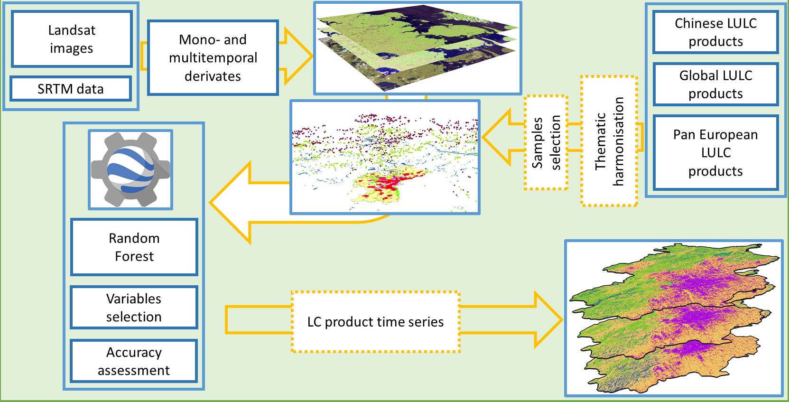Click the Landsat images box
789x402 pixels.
pyautogui.click(x=72, y=39)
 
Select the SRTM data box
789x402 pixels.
pyautogui.click(x=71, y=89)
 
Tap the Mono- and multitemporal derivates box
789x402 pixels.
pyautogui.click(x=213, y=57)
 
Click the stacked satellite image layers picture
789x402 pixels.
pyautogui.click(x=418, y=47)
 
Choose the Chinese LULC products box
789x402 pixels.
pyautogui.click(x=715, y=32)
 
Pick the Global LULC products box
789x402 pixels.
pyautogui.click(x=715, y=84)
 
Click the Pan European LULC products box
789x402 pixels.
pyautogui.click(x=715, y=152)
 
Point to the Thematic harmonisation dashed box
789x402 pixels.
pyautogui.click(x=609, y=141)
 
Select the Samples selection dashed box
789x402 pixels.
pyautogui.click(x=546, y=142)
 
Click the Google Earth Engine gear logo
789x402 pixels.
pyautogui.click(x=130, y=169)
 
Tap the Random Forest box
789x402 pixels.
pyautogui.click(x=134, y=247)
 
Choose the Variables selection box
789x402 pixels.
pyautogui.click(x=134, y=308)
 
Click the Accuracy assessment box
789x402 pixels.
pyautogui.click(x=134, y=361)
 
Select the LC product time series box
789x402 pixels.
pyautogui.click(x=375, y=322)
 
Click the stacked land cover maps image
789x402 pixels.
pyautogui.click(x=674, y=318)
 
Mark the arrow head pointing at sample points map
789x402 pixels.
pyautogui.click(x=496, y=137)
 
